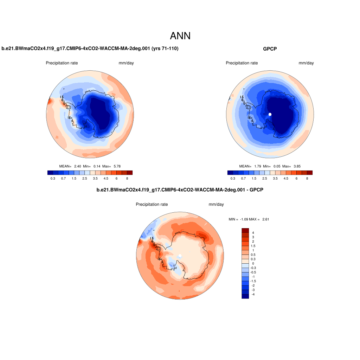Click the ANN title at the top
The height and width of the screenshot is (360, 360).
[x=180, y=36]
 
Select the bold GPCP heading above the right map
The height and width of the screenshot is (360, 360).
[x=270, y=49]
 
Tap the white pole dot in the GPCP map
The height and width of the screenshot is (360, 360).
[x=270, y=114]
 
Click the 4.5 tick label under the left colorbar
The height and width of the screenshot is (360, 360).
[x=109, y=179]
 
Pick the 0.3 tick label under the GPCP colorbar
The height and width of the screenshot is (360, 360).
[x=233, y=179]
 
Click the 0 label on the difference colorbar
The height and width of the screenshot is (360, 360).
[x=253, y=263]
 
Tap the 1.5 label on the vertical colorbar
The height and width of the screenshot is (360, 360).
[x=253, y=246]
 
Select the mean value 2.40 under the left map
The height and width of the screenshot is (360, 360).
[x=78, y=166]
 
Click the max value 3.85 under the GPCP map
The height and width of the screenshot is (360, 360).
[x=296, y=166]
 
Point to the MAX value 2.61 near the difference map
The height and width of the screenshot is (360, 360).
[x=265, y=219]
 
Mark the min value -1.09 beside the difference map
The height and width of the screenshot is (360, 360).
[x=244, y=219]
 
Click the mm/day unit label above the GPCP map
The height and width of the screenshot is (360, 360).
[x=306, y=63]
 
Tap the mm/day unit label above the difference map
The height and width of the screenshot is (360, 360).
[x=216, y=205]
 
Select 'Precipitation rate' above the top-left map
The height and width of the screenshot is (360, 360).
[x=62, y=63]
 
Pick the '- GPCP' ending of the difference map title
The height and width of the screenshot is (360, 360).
[x=256, y=190]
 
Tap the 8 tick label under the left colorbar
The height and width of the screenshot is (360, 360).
[x=127, y=179]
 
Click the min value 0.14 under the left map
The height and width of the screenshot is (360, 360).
[x=97, y=166]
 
